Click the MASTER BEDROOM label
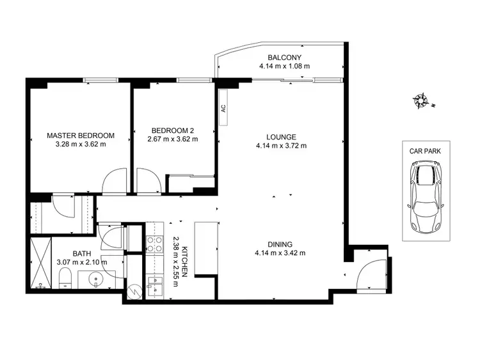tap(81, 136)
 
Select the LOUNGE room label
tap(281, 136)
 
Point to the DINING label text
tap(281, 244)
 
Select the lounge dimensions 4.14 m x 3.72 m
tap(282, 146)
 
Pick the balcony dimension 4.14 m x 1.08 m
tap(284, 66)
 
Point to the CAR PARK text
tap(426, 152)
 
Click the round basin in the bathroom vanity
tap(95, 279)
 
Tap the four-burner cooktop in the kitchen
tap(156, 244)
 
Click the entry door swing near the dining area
tap(369, 271)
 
